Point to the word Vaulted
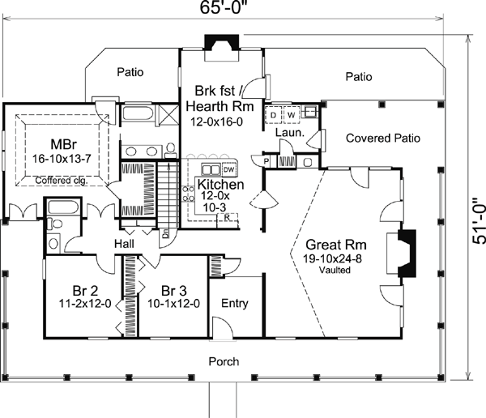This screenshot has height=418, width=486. click(335, 271)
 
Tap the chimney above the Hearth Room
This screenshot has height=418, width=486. click(220, 42)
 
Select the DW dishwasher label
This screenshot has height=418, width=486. click(228, 170)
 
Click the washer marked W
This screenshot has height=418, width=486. click(288, 114)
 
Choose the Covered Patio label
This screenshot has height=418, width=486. click(383, 138)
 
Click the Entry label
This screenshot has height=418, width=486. click(234, 304)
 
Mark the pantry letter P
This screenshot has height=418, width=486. click(266, 160)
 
